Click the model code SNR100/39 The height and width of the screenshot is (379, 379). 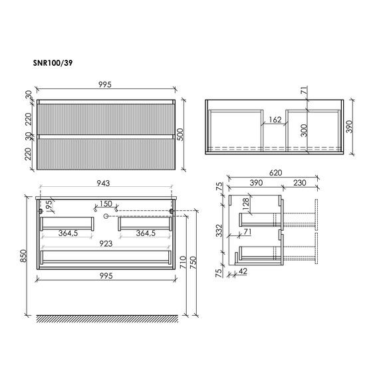pyautogui.click(x=53, y=63)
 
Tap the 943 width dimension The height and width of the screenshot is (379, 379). pyautogui.click(x=103, y=184)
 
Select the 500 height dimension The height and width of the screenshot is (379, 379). pyautogui.click(x=180, y=134)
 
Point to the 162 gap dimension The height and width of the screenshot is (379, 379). pyautogui.click(x=275, y=120)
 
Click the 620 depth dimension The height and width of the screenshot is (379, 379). pyautogui.click(x=275, y=173)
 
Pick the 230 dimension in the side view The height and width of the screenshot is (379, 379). pyautogui.click(x=300, y=183)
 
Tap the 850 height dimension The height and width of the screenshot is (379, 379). pyautogui.click(x=24, y=256)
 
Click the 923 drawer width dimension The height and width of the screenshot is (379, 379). pyautogui.click(x=106, y=243)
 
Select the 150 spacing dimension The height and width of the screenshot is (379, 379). pyautogui.click(x=106, y=203)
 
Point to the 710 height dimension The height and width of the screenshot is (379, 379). pyautogui.click(x=183, y=262)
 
